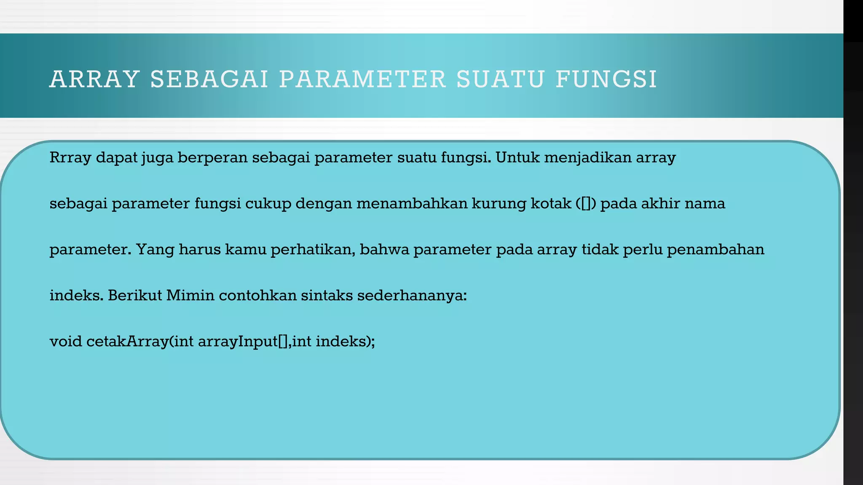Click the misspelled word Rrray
(x=70, y=158)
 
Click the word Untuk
(x=517, y=158)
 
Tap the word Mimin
(x=190, y=296)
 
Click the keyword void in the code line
(x=66, y=341)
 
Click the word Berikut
(x=134, y=296)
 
